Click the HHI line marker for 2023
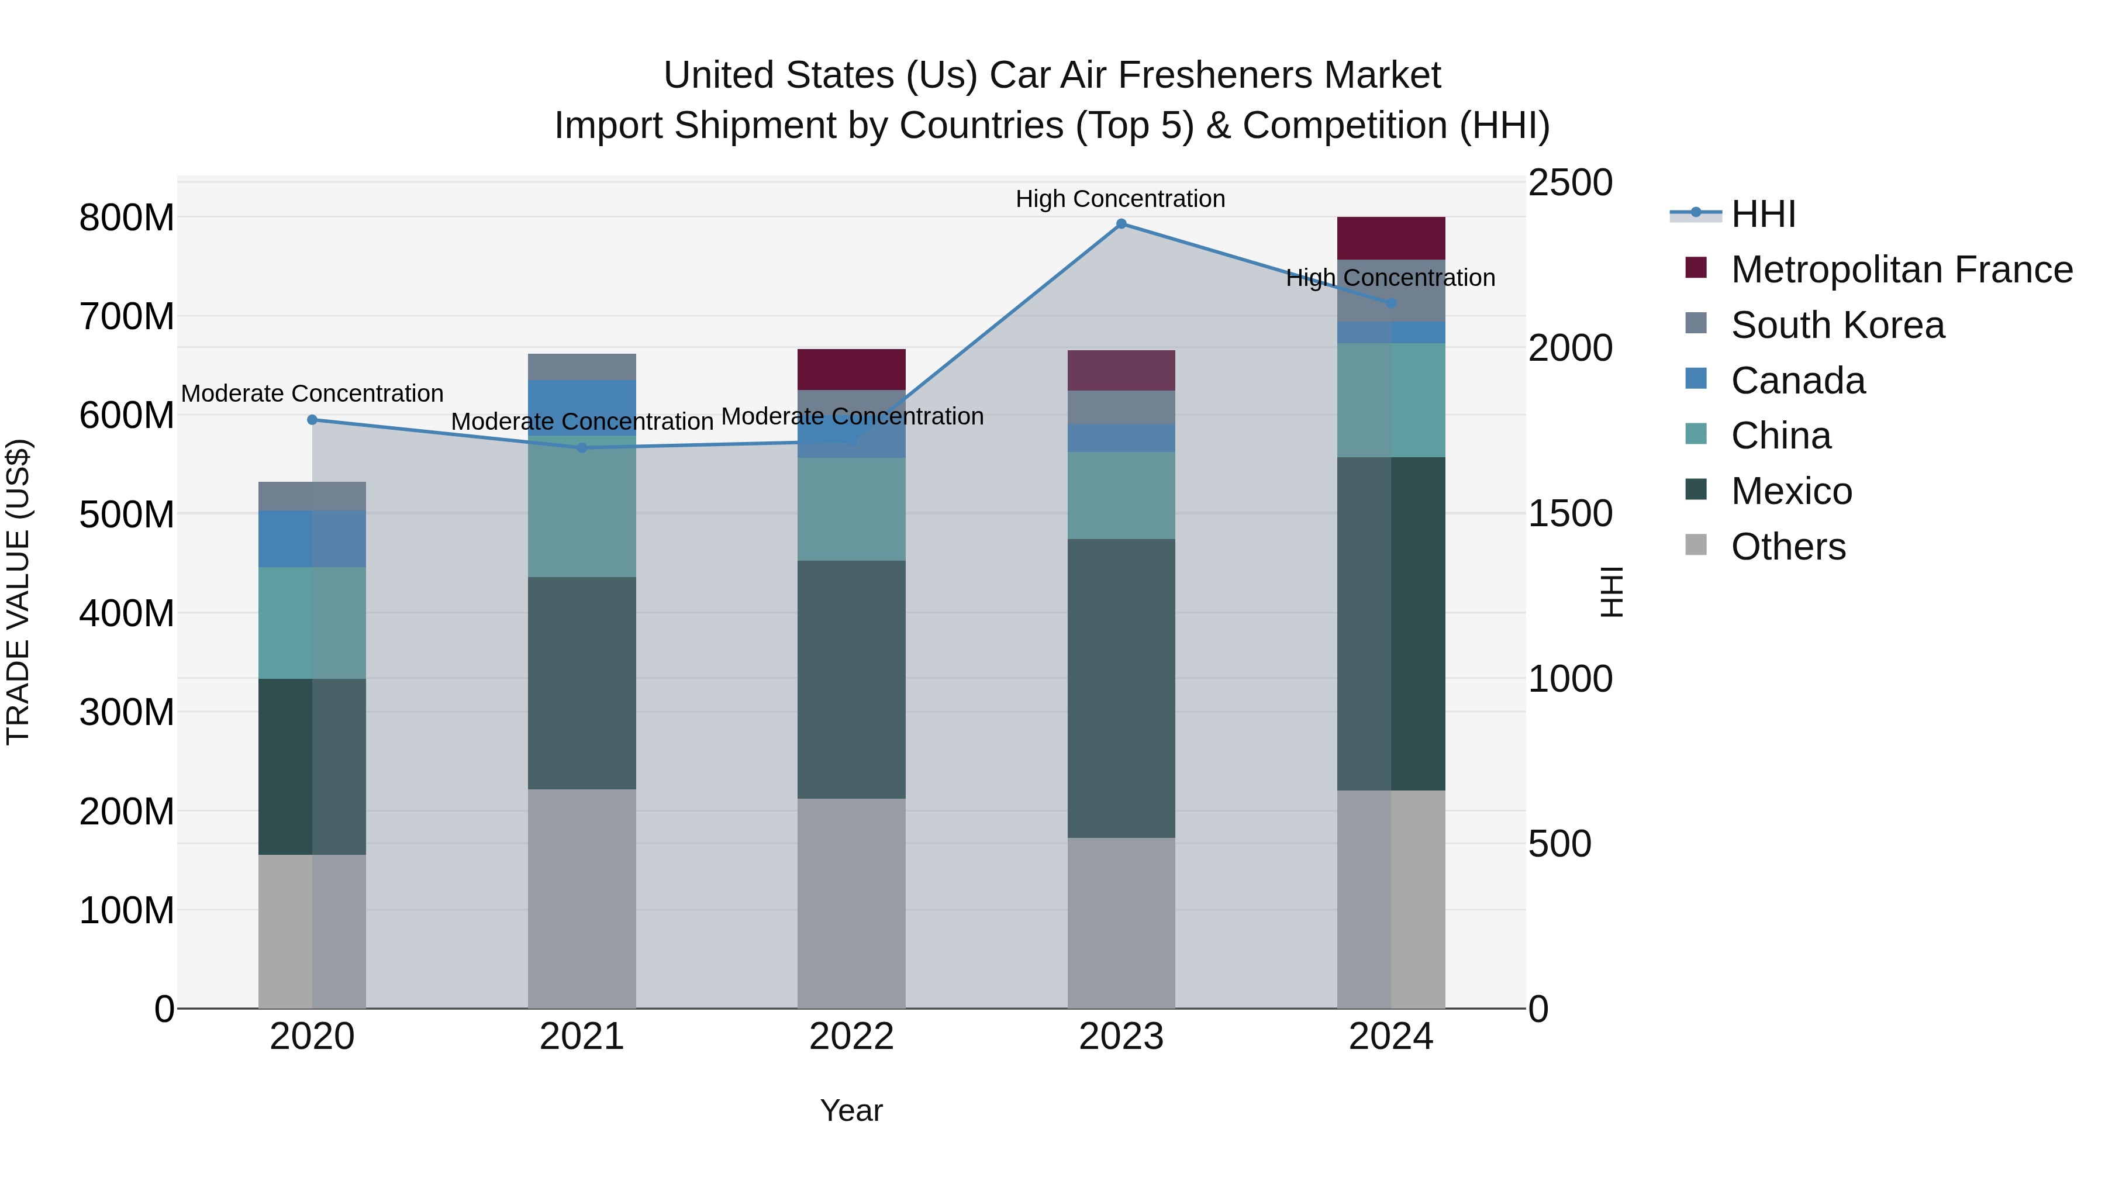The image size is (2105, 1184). [x=1121, y=224]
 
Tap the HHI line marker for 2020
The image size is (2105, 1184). [x=312, y=420]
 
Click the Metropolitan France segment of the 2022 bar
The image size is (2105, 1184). [x=851, y=370]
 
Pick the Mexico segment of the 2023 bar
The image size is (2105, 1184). [x=1121, y=688]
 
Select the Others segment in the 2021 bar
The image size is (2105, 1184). [x=582, y=899]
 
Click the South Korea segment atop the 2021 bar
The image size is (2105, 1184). [x=582, y=367]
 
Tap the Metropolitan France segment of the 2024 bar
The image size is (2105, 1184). [x=1391, y=238]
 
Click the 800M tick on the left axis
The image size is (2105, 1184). [x=127, y=218]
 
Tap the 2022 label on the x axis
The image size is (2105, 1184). [x=851, y=1037]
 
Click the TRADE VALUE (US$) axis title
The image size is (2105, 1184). [x=18, y=592]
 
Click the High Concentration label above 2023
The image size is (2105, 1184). [x=1120, y=199]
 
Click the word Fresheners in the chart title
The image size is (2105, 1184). [x=1216, y=75]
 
